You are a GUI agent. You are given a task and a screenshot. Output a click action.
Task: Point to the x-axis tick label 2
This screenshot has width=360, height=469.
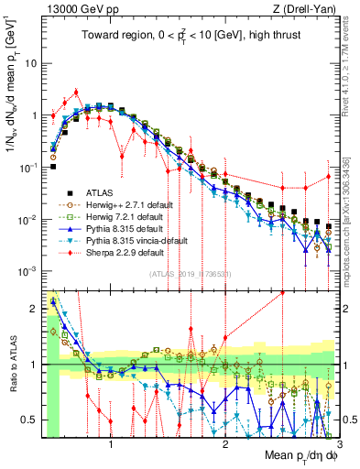tap(225, 445)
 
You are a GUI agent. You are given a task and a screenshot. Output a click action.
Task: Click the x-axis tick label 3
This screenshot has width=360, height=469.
tap(338, 445)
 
